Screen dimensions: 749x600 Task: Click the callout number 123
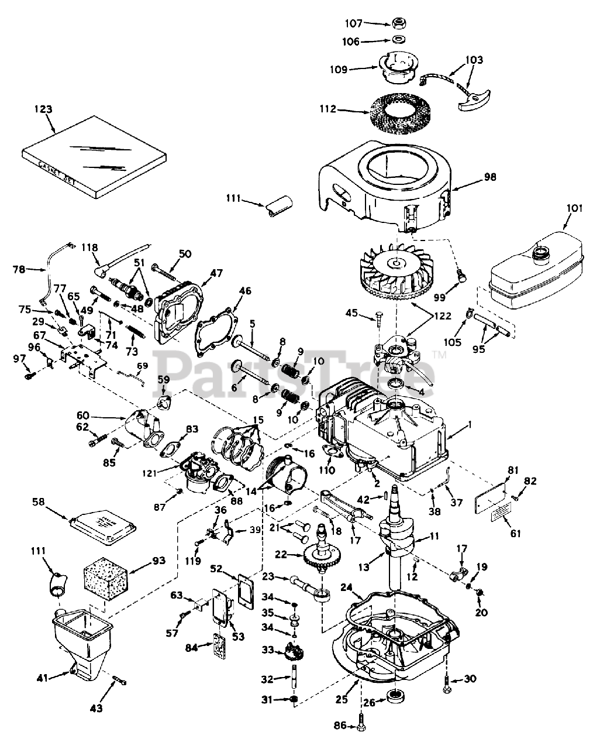click(x=43, y=109)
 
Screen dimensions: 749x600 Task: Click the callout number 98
click(x=489, y=177)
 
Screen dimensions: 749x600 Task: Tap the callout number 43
click(x=96, y=708)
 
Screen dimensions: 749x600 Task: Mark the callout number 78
click(x=19, y=270)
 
